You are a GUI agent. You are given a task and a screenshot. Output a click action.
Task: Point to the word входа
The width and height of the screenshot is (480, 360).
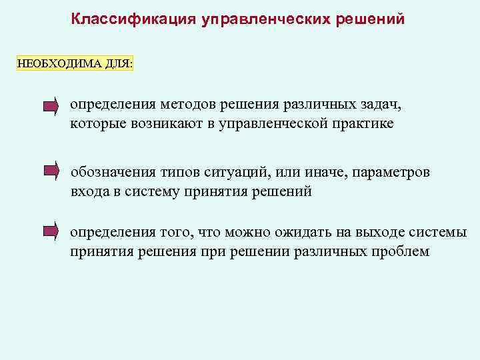pos(91,192)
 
